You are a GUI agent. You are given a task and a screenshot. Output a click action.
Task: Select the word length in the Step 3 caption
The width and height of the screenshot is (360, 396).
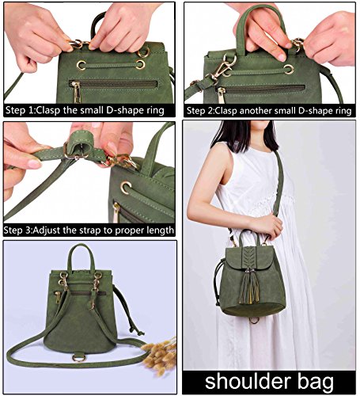coord(159,230)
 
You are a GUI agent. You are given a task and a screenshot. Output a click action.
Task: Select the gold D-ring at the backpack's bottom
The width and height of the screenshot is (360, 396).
coord(78,357)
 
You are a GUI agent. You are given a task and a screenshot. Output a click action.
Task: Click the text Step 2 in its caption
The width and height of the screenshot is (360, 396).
coord(202,110)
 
